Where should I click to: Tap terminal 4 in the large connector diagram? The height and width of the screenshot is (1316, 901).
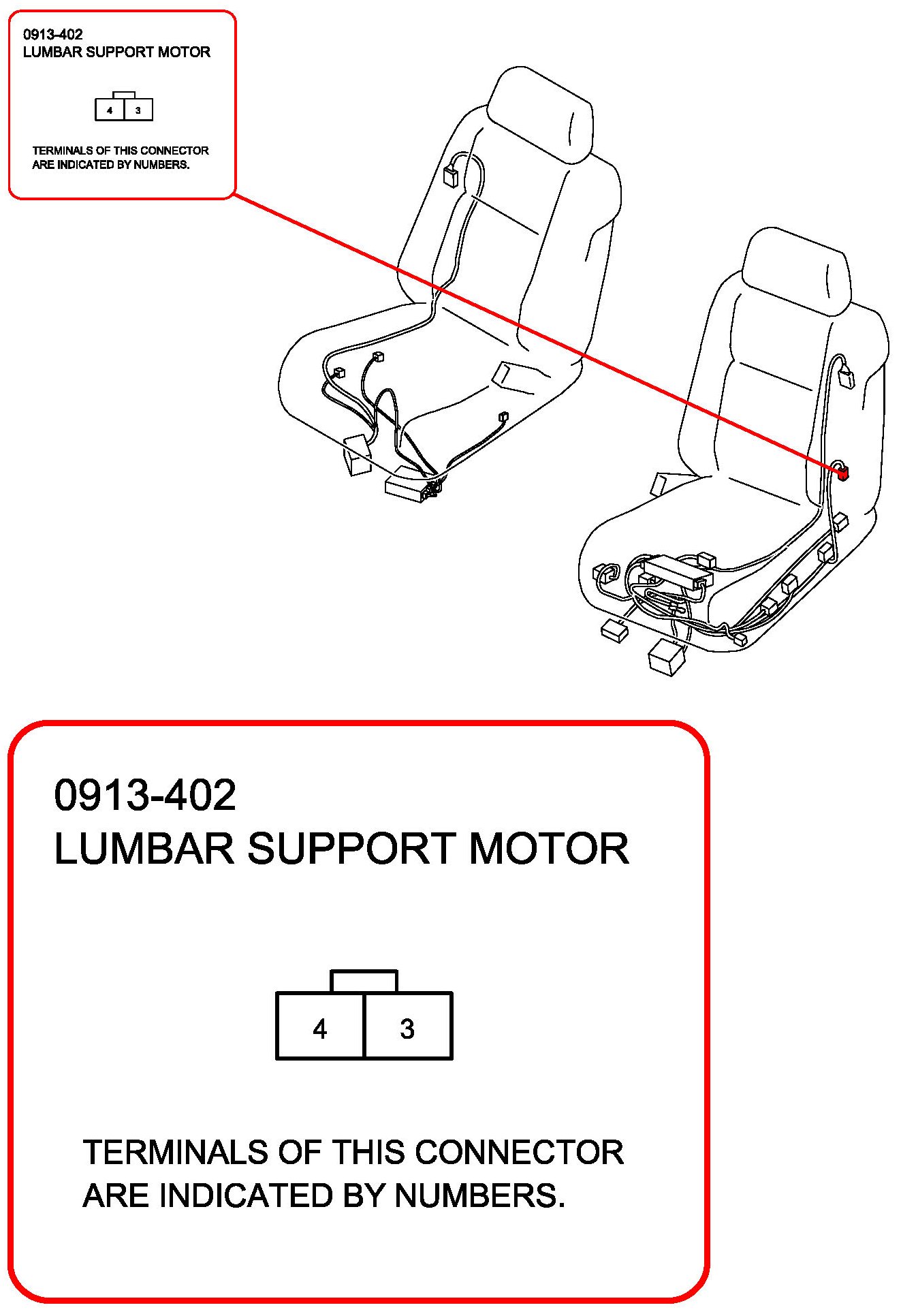pyautogui.click(x=320, y=1028)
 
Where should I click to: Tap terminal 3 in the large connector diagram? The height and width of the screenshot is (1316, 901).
pyautogui.click(x=407, y=1028)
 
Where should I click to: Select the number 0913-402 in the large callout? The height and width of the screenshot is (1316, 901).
pyautogui.click(x=145, y=795)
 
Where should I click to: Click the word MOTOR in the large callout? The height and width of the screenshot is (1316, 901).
pyautogui.click(x=549, y=849)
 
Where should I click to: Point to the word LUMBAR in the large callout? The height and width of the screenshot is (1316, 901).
pyautogui.click(x=144, y=849)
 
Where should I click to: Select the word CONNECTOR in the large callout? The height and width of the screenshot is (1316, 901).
pyautogui.click(x=519, y=1153)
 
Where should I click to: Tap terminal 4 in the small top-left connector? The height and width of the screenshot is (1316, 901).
pyautogui.click(x=110, y=110)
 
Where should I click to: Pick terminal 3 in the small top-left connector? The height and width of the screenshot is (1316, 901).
pyautogui.click(x=138, y=110)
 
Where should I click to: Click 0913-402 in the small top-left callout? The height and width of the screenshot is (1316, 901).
pyautogui.click(x=52, y=35)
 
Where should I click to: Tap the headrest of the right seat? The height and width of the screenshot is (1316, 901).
pyautogui.click(x=797, y=270)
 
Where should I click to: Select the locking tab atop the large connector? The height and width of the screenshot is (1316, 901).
pyautogui.click(x=364, y=982)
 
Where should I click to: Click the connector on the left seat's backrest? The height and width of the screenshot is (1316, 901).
pyautogui.click(x=450, y=176)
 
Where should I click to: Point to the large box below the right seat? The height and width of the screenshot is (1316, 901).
pyautogui.click(x=667, y=657)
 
